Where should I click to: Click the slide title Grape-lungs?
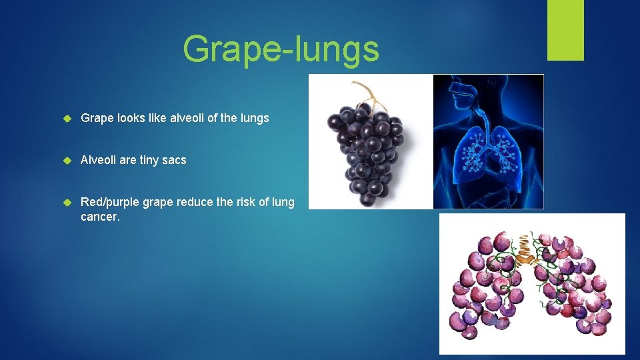pyautogui.click(x=281, y=48)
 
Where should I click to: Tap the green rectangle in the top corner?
pyautogui.click(x=565, y=29)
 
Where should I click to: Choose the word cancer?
pyautogui.click(x=100, y=217)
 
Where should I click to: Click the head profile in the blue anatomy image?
pyautogui.click(x=460, y=93)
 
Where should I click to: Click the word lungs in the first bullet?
pyautogui.click(x=253, y=118)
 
